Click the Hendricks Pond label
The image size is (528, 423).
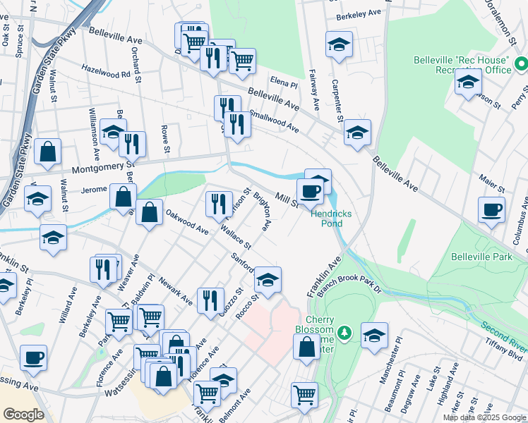coord(328,219)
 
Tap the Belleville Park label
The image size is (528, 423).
coord(481,257)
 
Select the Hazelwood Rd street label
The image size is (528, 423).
coord(107,73)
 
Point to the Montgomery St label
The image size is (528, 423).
coord(102,168)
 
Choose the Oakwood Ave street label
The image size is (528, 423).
coord(187,221)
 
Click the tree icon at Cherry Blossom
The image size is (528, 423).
coord(344,331)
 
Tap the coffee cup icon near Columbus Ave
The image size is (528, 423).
coord(492,209)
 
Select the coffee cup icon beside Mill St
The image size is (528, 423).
coord(310,190)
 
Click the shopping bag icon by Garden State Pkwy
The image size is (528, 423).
coord(48,150)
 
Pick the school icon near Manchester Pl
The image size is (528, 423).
coord(374,334)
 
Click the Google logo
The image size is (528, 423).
coord(23,415)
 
